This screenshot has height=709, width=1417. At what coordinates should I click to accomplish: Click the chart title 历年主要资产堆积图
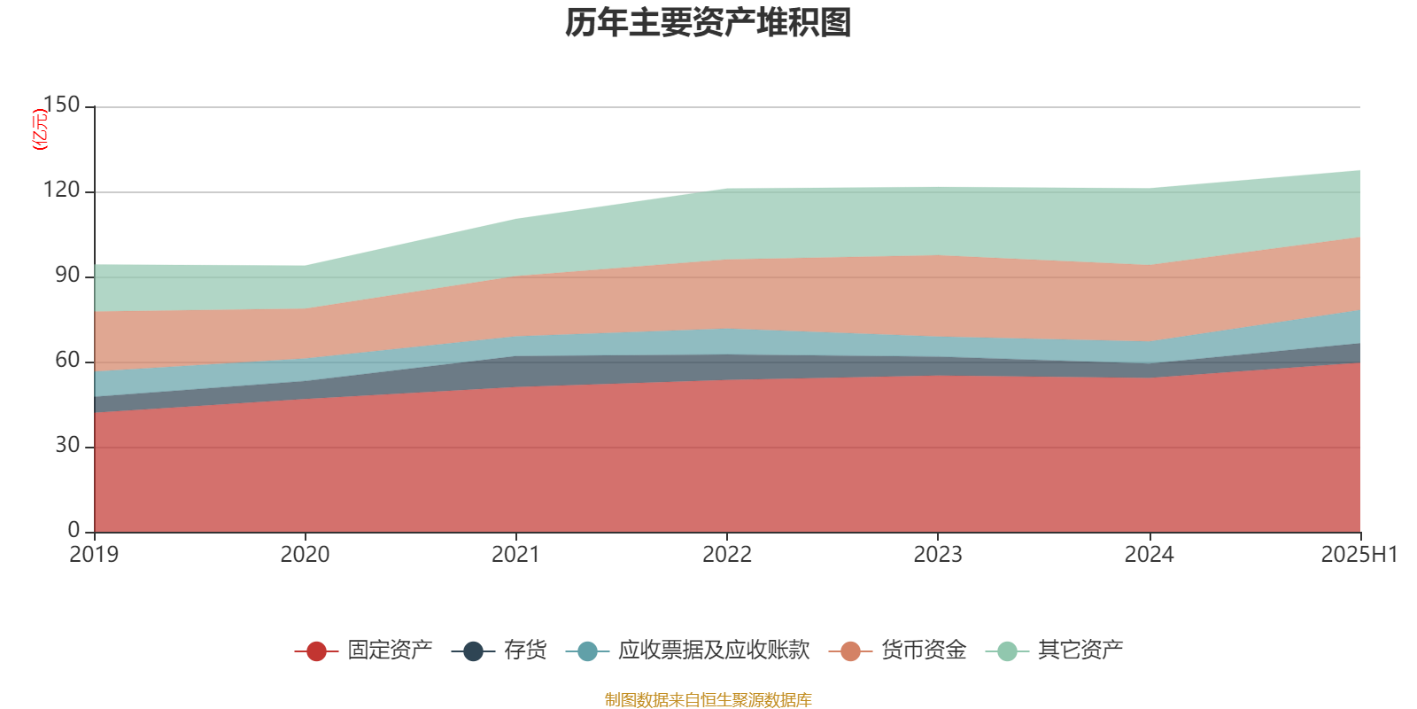tap(708, 24)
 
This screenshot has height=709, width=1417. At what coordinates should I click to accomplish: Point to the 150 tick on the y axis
tap(61, 105)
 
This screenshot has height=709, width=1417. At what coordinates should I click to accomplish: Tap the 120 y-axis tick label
tap(61, 191)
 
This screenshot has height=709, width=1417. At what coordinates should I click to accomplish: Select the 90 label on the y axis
tap(67, 276)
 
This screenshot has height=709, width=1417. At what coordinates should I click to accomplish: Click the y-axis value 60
tap(67, 361)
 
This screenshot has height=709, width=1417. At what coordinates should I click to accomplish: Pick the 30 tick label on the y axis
tap(67, 446)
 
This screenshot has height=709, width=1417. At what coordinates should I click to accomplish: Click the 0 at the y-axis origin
tap(74, 530)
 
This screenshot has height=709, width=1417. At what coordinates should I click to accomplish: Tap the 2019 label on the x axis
tap(94, 555)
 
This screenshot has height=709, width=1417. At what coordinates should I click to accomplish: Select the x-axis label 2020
tap(305, 555)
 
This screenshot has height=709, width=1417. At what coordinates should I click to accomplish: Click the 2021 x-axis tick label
tap(515, 555)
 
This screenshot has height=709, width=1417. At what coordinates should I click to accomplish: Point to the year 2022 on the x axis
tap(726, 555)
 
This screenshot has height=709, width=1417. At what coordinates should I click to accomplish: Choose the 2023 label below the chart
tap(938, 555)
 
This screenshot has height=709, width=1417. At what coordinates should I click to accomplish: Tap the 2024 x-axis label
tap(1149, 555)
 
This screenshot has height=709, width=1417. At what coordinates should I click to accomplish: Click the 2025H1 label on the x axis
tap(1359, 555)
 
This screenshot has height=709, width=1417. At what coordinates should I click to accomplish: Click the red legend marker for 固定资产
tap(316, 651)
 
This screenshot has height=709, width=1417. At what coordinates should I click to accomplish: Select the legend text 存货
tap(524, 651)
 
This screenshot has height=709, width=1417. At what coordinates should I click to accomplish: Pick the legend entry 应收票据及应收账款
tap(713, 651)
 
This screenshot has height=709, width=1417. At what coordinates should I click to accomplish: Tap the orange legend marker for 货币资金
tap(850, 651)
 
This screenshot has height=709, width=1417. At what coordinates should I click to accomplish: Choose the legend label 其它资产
tap(1080, 651)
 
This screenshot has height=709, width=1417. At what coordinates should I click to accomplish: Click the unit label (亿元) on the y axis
tap(39, 129)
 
